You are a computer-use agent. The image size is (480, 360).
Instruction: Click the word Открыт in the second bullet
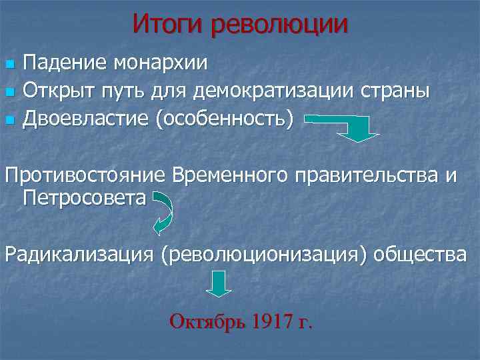pos(59,91)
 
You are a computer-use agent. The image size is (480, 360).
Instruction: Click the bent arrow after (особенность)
pos(353,127)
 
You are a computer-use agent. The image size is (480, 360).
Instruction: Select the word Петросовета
pos(83,198)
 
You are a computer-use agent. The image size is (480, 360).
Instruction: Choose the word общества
pos(419,254)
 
